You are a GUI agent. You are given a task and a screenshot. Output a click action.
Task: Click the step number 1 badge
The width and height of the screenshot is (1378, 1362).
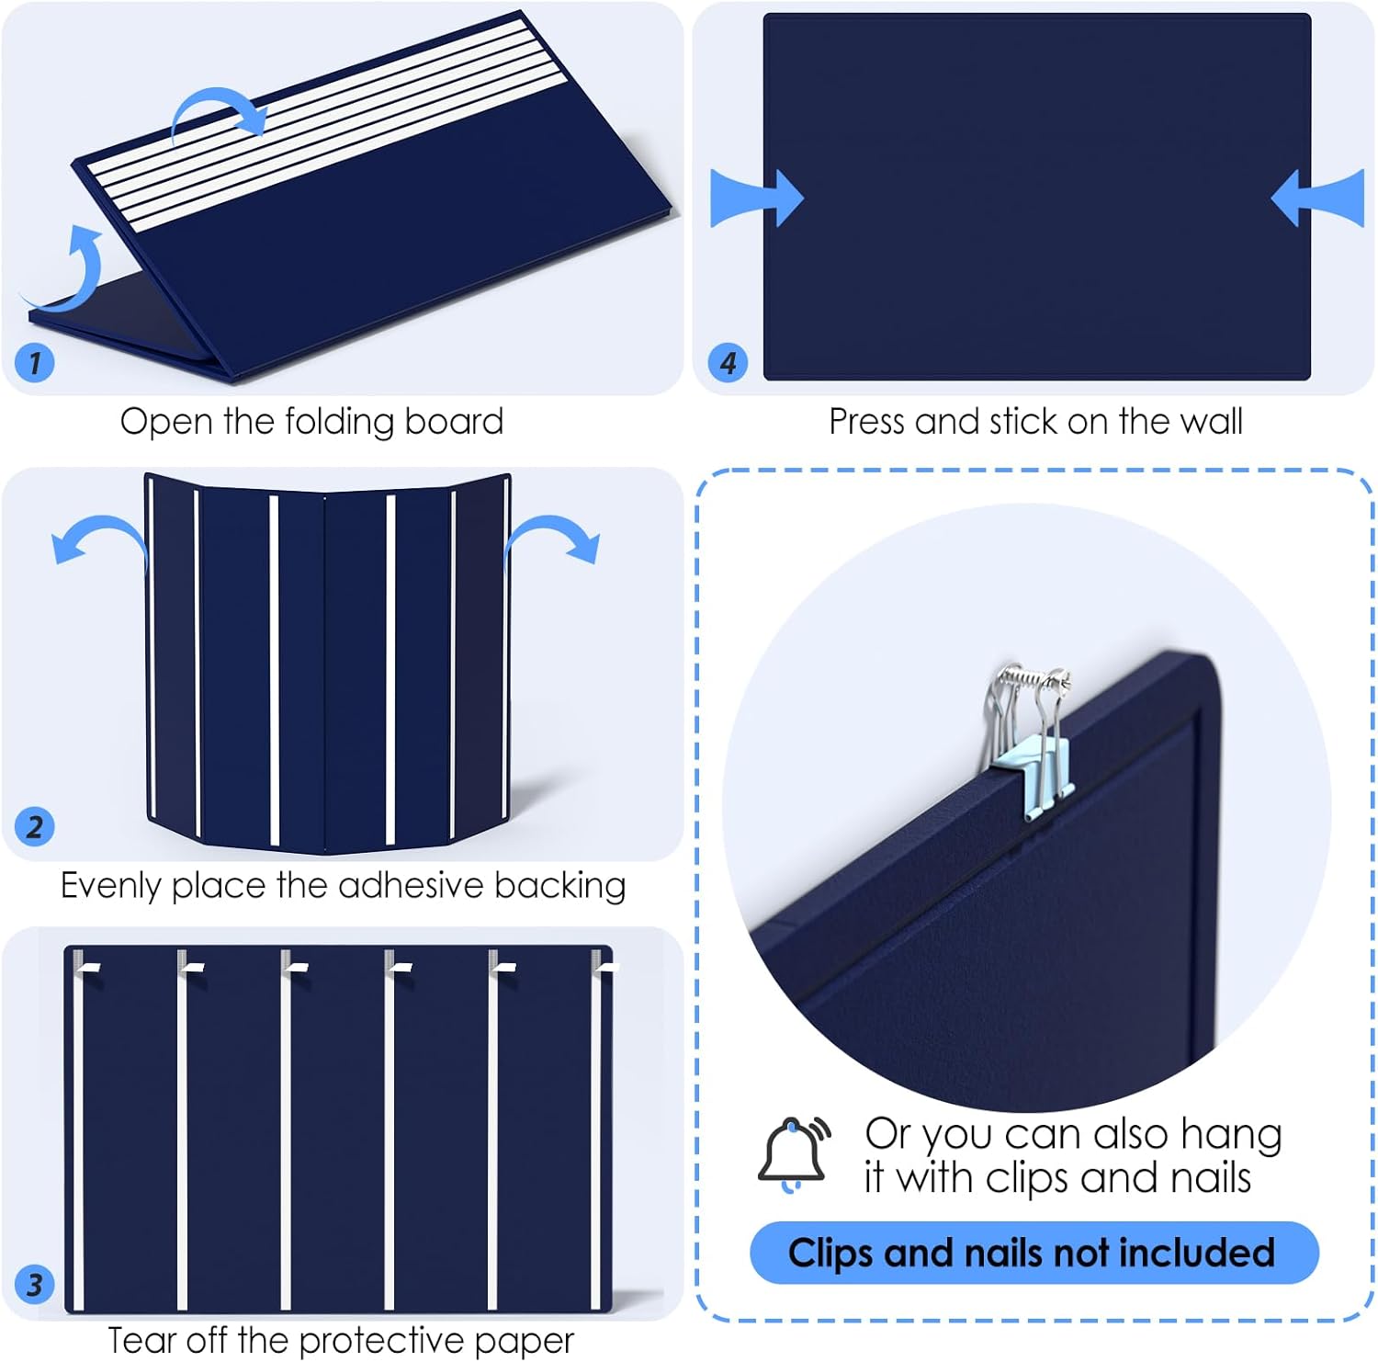[x=35, y=362]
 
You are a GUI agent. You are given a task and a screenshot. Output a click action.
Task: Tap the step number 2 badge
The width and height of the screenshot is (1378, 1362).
[x=35, y=826]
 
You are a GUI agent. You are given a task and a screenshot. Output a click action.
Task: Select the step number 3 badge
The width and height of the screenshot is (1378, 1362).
[x=35, y=1284]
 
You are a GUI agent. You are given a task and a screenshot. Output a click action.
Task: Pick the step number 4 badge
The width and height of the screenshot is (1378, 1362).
[x=728, y=362]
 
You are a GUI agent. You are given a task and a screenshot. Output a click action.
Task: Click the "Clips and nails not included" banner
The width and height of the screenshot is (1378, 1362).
[x=1034, y=1253]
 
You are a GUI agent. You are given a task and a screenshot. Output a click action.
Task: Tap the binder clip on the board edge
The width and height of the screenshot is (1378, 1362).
[x=1032, y=739]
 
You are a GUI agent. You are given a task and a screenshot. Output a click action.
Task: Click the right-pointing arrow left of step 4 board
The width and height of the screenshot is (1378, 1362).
[x=757, y=198]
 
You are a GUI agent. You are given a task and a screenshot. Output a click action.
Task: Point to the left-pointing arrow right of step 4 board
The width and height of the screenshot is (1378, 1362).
[x=1318, y=198]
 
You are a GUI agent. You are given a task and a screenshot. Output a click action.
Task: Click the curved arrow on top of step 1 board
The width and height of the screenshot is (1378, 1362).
[x=219, y=116]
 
